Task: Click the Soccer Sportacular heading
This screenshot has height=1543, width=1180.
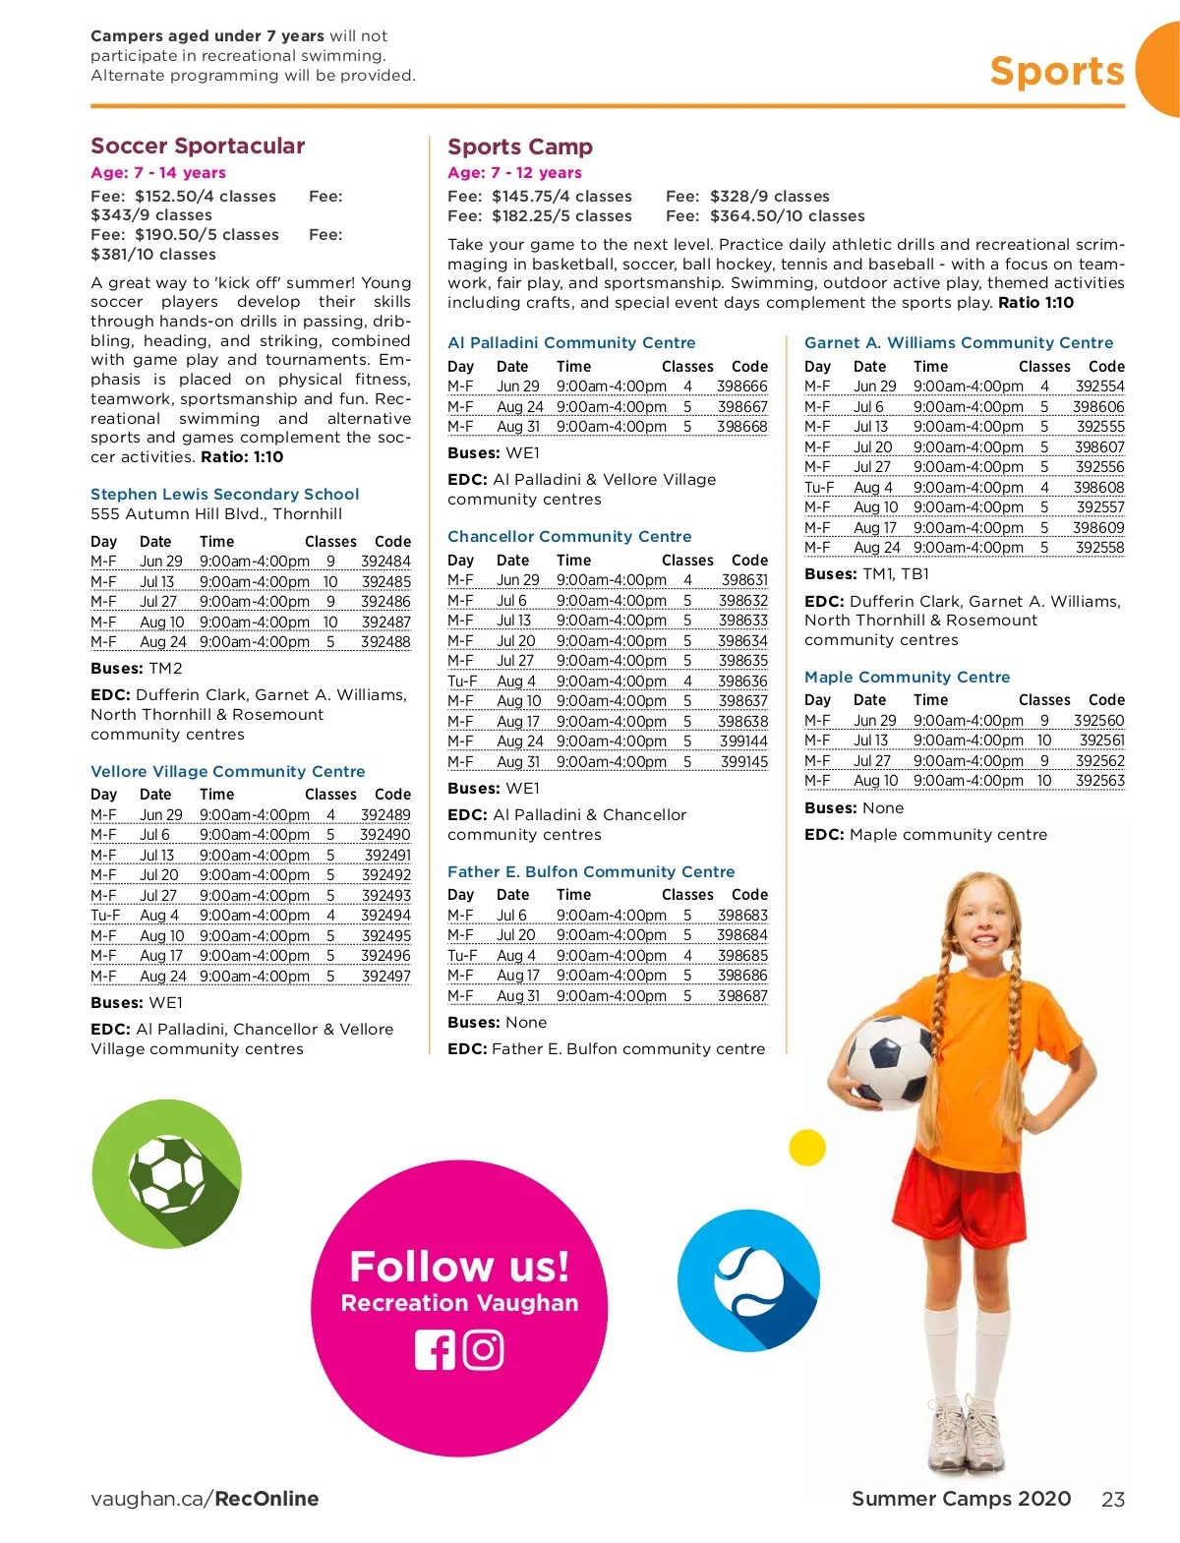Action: (198, 146)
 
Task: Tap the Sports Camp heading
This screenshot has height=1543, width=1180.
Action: (520, 147)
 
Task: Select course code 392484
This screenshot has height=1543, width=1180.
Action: (385, 562)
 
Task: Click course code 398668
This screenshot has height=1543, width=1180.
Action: (742, 427)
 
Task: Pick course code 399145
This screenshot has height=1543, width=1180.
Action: (743, 762)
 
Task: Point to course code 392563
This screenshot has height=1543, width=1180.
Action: (1099, 781)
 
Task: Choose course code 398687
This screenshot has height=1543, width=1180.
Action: (742, 996)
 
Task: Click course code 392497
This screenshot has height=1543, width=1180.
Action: (385, 977)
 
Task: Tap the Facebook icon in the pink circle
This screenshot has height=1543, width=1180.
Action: (435, 1350)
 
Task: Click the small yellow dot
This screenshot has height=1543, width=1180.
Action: (807, 1148)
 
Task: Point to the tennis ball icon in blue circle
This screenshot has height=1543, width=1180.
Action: (749, 1281)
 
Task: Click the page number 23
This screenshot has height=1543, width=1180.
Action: (1113, 1500)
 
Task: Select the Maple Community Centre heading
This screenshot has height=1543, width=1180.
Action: (907, 678)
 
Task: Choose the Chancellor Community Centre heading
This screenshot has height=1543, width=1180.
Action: (569, 537)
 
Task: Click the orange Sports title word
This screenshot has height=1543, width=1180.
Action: (1056, 72)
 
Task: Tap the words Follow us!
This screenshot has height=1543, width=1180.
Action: (459, 1267)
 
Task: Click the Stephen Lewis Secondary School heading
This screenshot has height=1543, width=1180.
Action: (224, 495)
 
